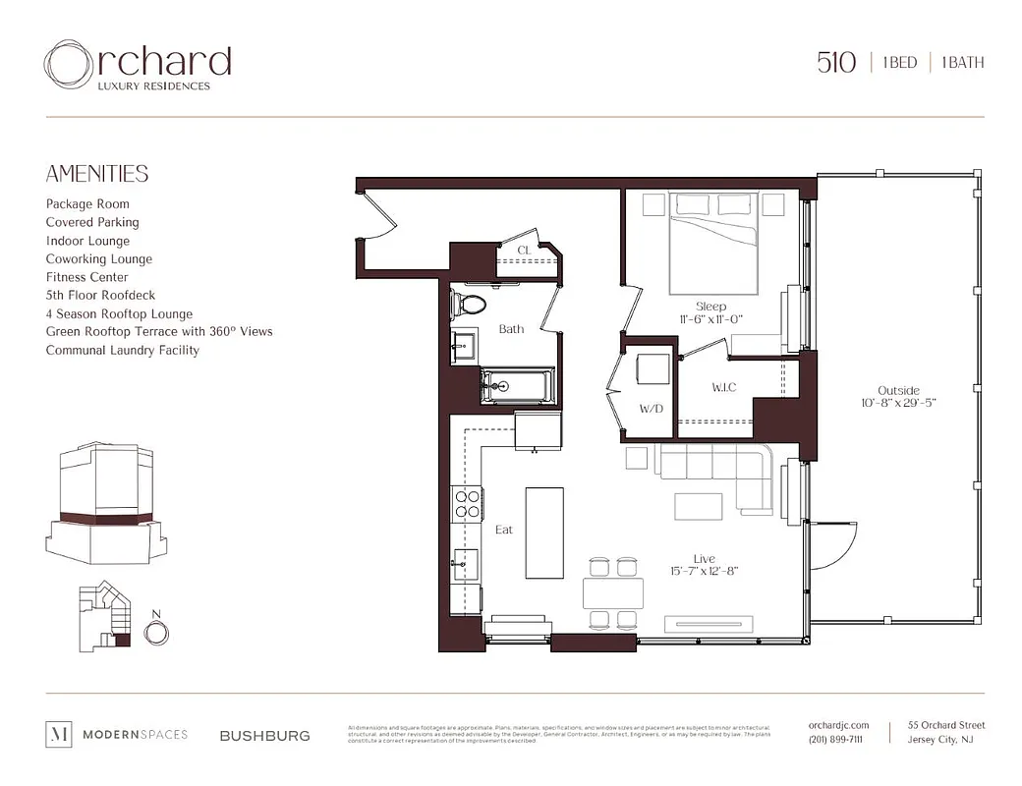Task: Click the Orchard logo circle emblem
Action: pyautogui.click(x=69, y=65)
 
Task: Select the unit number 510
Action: pyautogui.click(x=836, y=63)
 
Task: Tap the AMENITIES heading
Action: pyautogui.click(x=97, y=174)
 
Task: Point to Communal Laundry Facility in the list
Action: pyautogui.click(x=122, y=350)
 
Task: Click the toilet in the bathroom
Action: pyautogui.click(x=467, y=305)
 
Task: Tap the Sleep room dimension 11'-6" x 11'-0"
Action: pyautogui.click(x=710, y=319)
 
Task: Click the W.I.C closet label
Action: pyautogui.click(x=725, y=388)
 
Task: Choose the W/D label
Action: pyautogui.click(x=652, y=408)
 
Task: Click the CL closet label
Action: pyautogui.click(x=524, y=251)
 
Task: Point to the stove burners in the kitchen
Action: pyautogui.click(x=466, y=503)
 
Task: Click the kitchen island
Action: pyautogui.click(x=543, y=533)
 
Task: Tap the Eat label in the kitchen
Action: pyautogui.click(x=504, y=530)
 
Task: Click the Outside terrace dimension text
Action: pyautogui.click(x=898, y=403)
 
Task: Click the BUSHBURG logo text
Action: pyautogui.click(x=264, y=735)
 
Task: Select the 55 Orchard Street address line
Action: pyautogui.click(x=945, y=725)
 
